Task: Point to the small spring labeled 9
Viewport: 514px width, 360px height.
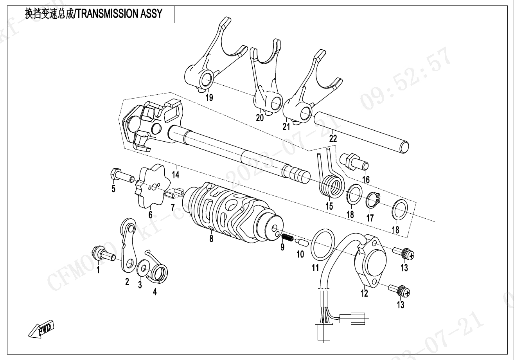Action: point(288,238)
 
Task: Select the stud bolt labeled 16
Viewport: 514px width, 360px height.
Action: point(353,161)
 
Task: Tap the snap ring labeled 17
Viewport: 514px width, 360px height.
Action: point(372,201)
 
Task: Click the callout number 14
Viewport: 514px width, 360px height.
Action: point(176,174)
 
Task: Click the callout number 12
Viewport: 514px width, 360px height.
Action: point(364,293)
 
